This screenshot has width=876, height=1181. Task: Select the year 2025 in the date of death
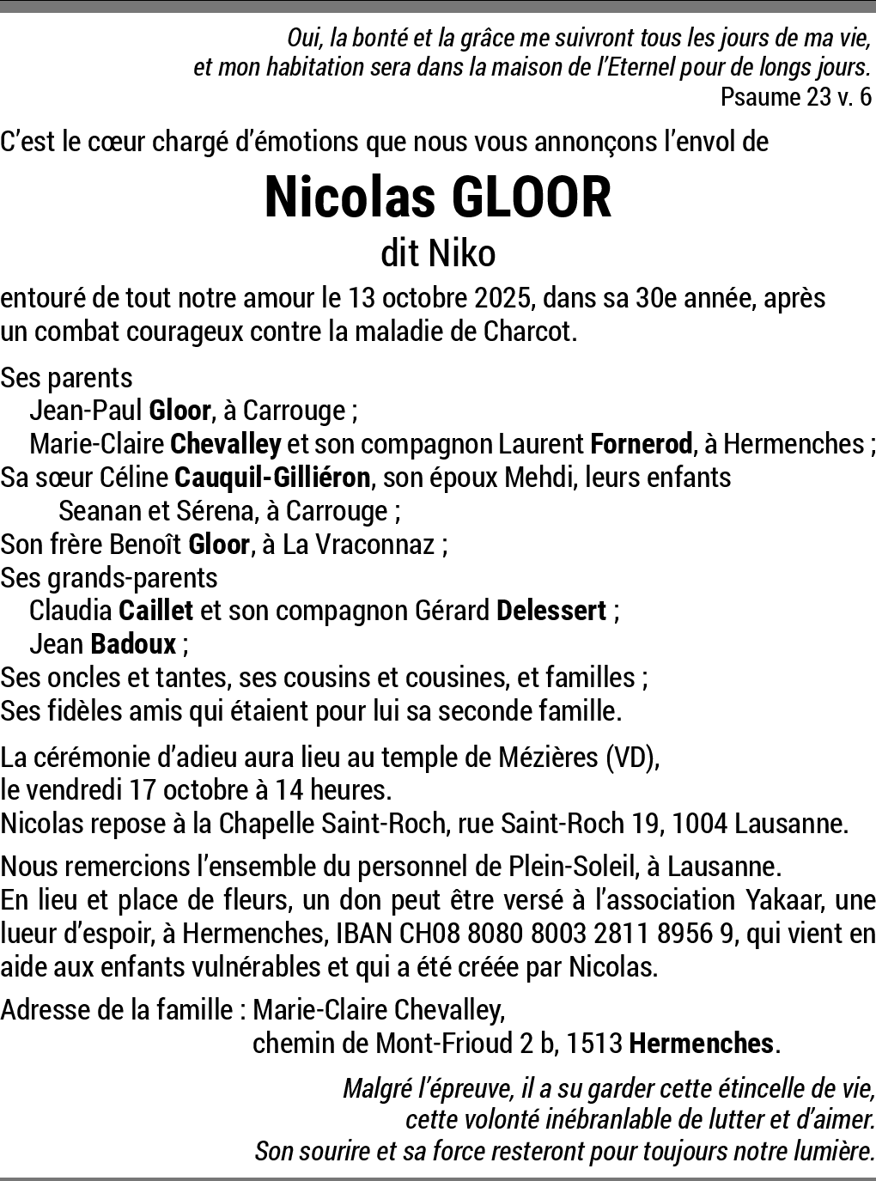pos(503,298)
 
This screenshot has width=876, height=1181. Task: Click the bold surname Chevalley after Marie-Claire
pos(226,444)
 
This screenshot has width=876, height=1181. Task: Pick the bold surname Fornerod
pos(641,444)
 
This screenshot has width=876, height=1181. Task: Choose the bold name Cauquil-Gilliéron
pos(272,478)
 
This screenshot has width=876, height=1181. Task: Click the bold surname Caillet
pos(155,611)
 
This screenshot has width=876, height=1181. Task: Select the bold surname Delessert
pos(551,611)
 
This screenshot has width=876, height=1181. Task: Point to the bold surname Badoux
pos(133,644)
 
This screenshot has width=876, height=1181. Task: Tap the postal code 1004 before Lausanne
pos(699,825)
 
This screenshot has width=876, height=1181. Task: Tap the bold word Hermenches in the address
pos(701,1044)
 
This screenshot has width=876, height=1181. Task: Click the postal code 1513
pos(594,1044)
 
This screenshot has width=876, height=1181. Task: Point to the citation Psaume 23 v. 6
pos(796,97)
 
